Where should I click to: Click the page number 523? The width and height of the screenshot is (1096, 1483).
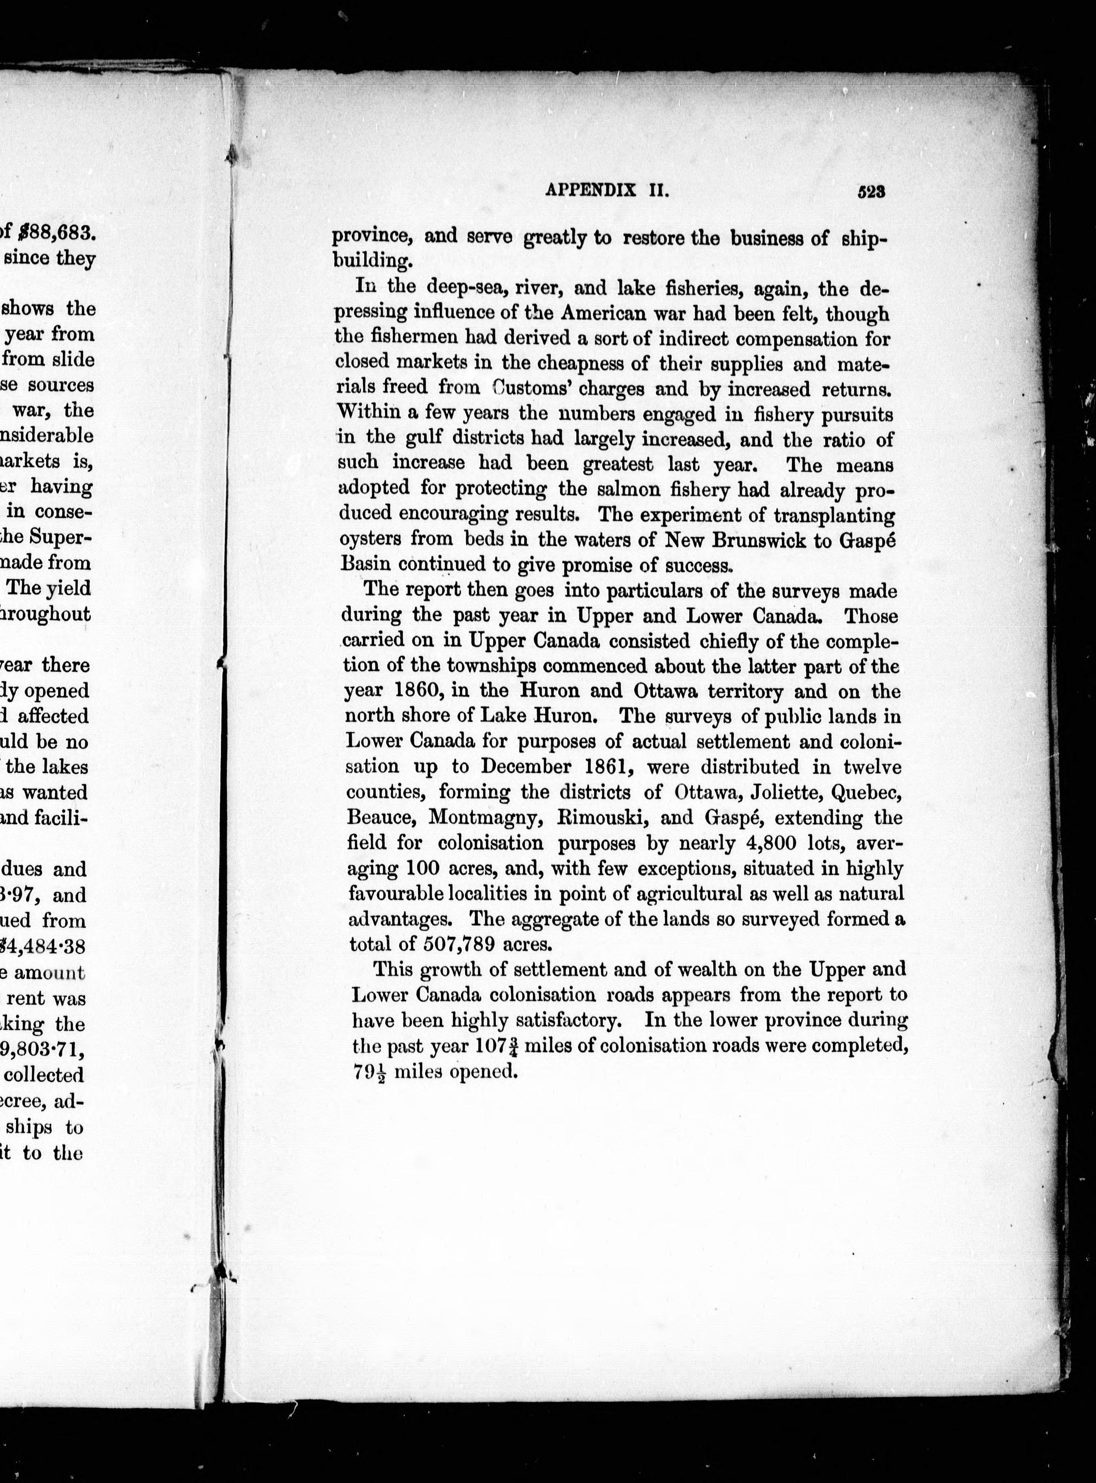(872, 192)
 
